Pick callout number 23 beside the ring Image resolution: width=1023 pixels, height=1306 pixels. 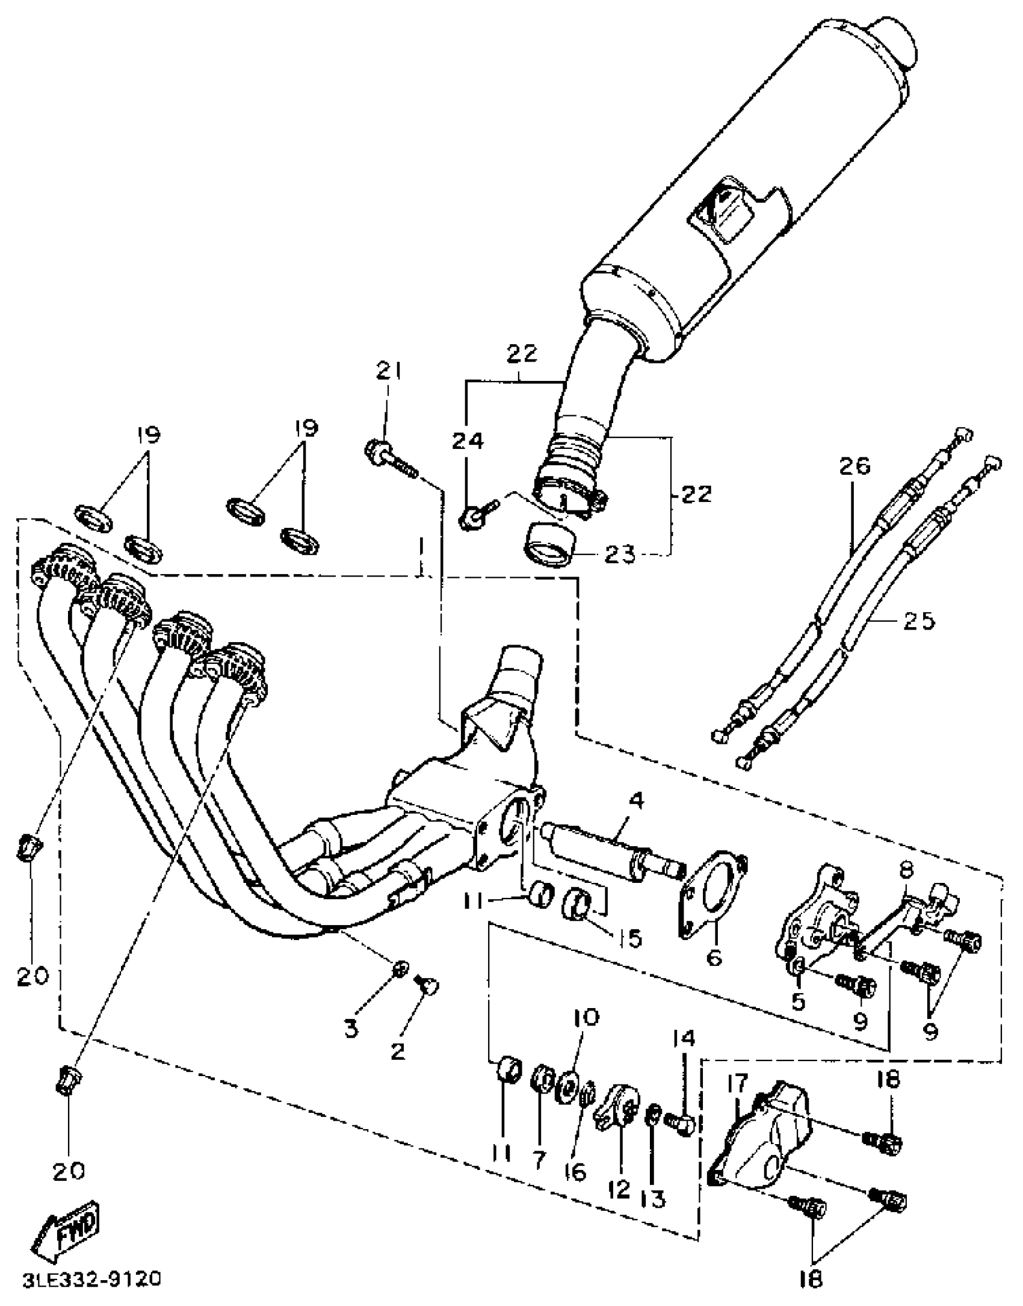tap(620, 554)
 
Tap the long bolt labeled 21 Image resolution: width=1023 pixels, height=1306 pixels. tap(391, 460)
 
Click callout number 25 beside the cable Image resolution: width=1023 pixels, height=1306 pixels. tap(919, 621)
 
